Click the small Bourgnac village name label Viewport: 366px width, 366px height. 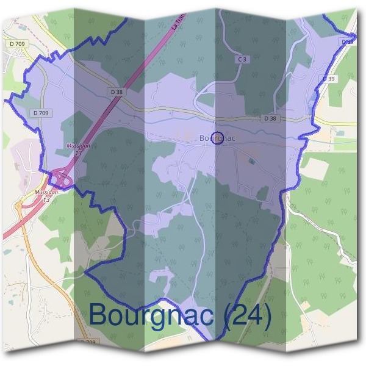217,138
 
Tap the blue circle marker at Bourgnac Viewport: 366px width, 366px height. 218,137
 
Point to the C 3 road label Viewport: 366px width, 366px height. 242,59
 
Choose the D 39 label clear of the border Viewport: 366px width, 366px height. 329,79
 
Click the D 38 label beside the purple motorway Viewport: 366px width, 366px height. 117,91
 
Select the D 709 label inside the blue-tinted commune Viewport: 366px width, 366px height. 41,113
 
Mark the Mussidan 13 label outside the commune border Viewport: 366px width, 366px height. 46,195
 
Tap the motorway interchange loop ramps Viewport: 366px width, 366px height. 60,178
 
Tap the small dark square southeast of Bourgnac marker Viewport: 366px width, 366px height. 252,161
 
